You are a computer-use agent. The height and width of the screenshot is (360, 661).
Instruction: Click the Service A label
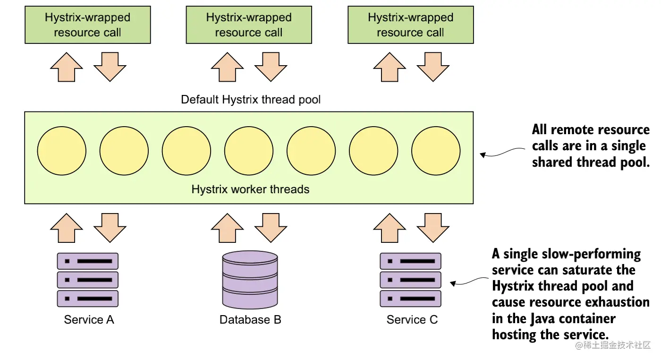(89, 320)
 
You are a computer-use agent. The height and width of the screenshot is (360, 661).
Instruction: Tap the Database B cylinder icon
(250, 280)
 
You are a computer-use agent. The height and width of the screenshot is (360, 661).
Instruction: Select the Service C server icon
(410, 280)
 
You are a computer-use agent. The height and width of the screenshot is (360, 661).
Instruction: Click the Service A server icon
(88, 280)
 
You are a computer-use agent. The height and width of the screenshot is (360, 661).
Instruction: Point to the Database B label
(250, 320)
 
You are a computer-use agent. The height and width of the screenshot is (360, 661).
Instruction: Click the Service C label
(412, 320)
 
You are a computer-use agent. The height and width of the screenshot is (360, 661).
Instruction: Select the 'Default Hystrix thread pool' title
(251, 100)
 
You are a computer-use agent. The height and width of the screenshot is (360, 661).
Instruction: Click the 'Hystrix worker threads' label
(250, 189)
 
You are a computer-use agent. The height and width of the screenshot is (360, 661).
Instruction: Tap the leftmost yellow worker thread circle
(62, 151)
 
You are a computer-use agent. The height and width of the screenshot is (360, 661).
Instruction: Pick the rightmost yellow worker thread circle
(436, 151)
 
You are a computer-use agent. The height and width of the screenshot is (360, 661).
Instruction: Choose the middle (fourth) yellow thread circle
(249, 151)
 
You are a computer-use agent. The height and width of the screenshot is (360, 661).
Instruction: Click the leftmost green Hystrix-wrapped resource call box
(88, 25)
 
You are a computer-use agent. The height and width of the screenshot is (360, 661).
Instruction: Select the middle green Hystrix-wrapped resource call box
(249, 25)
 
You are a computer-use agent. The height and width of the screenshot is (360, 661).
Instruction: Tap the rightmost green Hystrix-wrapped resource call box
(410, 25)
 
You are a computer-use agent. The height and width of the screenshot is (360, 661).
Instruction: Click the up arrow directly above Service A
(67, 228)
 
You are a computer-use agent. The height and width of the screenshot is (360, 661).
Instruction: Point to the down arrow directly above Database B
(271, 228)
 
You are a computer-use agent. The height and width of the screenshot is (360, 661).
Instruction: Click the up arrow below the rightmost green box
(390, 67)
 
